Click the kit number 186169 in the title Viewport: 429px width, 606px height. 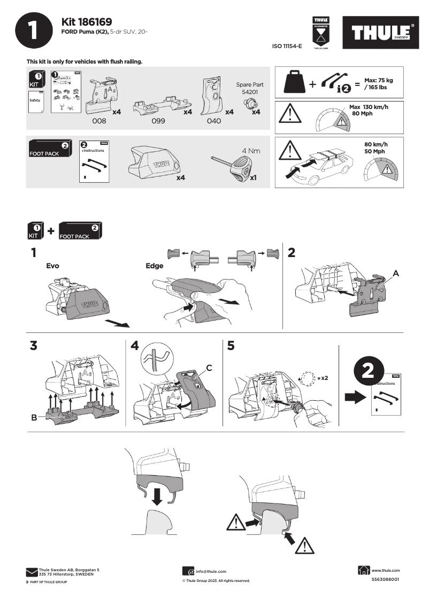point(95,22)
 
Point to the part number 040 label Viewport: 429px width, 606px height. point(213,121)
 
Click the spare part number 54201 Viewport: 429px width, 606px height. point(249,92)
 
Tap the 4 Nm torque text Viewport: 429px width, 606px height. point(251,151)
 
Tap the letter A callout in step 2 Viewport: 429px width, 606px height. point(396,273)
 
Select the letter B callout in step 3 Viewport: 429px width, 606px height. point(34,418)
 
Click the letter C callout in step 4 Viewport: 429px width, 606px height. point(210,367)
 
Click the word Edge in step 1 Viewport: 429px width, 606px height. point(155,266)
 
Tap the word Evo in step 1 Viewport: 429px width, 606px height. point(52,266)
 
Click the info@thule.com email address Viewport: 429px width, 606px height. point(211,571)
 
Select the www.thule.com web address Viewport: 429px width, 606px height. point(385,570)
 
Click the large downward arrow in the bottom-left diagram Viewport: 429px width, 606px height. point(156,495)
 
